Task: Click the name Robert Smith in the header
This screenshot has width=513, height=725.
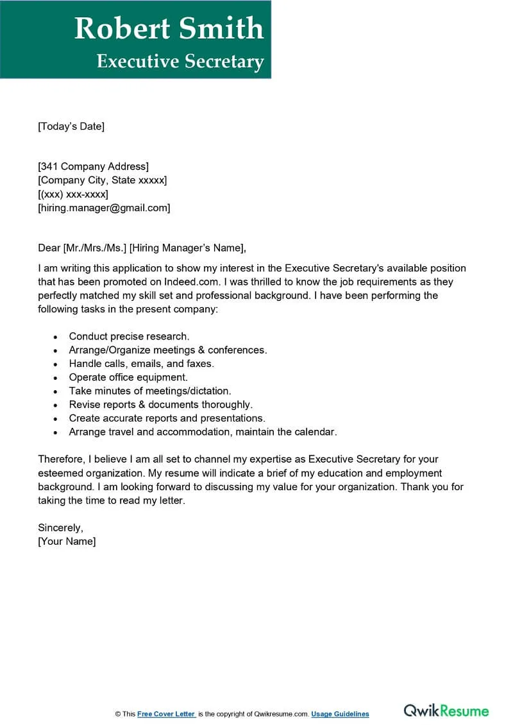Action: tap(169, 29)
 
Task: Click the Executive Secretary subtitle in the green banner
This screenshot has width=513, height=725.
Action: tap(180, 61)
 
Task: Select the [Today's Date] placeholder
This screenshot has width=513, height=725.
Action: tap(71, 126)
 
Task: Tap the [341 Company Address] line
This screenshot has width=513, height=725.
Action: tap(94, 167)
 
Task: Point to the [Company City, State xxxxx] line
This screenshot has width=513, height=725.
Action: tap(103, 180)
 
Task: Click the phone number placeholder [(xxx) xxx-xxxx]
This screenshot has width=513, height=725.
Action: tap(73, 194)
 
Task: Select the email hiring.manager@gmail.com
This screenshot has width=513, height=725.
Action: tap(104, 208)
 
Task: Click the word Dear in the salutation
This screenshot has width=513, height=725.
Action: tap(49, 248)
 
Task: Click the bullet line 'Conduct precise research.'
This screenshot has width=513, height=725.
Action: tap(129, 336)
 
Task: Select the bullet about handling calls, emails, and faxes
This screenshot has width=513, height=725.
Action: tap(141, 364)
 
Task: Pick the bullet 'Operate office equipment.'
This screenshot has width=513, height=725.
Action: tap(128, 377)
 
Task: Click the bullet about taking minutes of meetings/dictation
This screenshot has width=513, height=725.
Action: tap(150, 391)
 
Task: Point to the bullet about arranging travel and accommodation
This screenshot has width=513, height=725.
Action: tap(203, 432)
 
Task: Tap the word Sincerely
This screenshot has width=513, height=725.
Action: tap(60, 528)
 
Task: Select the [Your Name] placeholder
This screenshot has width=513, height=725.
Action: tap(67, 542)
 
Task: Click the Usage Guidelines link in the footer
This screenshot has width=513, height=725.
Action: tap(340, 714)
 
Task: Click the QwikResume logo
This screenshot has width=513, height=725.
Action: tap(446, 711)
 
